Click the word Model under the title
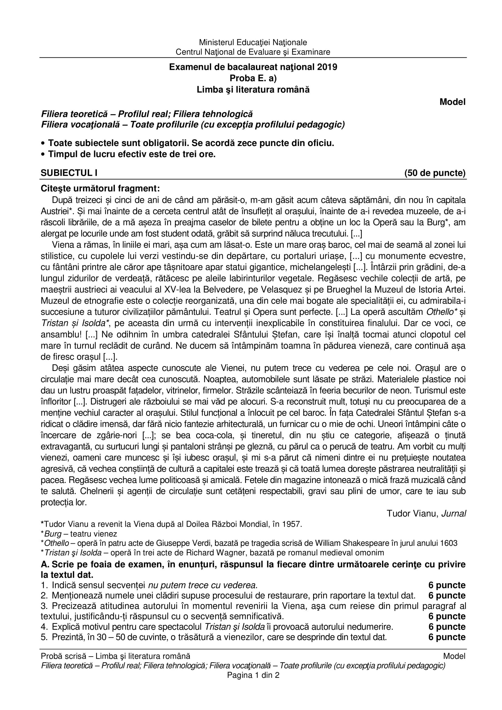pyautogui.click(x=452, y=102)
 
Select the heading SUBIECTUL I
pyautogui.click(x=69, y=173)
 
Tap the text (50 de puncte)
pyautogui.click(x=435, y=173)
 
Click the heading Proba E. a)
pyautogui.click(x=253, y=79)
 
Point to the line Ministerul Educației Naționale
pyautogui.click(x=253, y=42)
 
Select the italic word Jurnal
pyautogui.click(x=453, y=514)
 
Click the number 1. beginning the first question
pyautogui.click(x=44, y=585)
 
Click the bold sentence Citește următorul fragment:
pyautogui.click(x=101, y=188)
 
